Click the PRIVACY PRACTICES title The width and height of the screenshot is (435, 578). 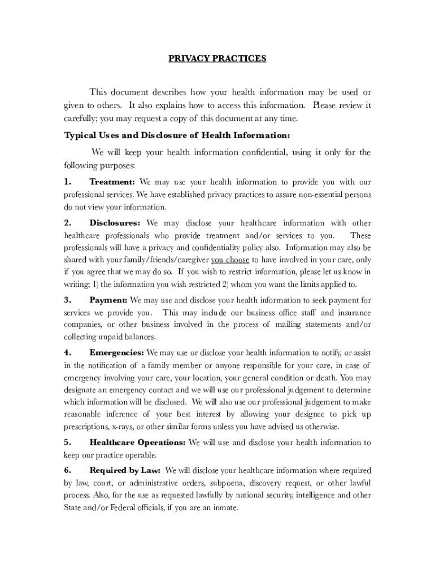pos(217,58)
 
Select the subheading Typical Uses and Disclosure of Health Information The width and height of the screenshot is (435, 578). pos(177,135)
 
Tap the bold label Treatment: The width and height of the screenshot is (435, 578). pos(112,182)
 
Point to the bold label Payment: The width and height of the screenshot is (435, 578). pos(108,300)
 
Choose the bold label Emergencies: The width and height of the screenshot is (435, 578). pos(116,353)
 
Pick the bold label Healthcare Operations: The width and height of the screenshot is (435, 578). pos(137,443)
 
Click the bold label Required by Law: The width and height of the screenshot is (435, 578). pos(125,470)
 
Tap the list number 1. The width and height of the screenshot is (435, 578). pos(68,182)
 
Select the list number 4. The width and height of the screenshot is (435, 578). pos(67,353)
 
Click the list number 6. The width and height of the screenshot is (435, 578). pos(67,470)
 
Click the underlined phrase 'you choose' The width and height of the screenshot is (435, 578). pos(230,260)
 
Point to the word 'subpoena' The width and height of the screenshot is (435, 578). pos(227,483)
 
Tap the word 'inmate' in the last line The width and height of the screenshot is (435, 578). pos(224,507)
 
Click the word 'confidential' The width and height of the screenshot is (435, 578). pos(265,152)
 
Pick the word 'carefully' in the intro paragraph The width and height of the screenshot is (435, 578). pos(79,119)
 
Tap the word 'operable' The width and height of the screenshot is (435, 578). pos(141,455)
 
